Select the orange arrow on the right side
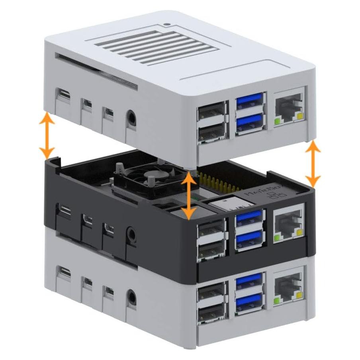pos(313,163)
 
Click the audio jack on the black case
pos(130,233)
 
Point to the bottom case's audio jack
pos(130,296)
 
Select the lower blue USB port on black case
pos(249,239)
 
